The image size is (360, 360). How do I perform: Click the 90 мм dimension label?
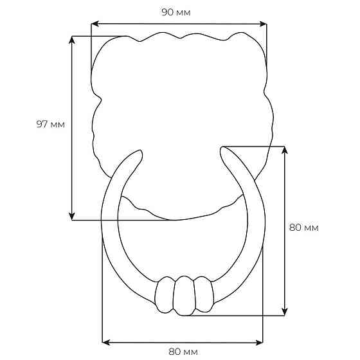point(176,12)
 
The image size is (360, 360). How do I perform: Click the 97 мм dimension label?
point(51,124)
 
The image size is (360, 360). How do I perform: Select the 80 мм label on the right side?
point(303,228)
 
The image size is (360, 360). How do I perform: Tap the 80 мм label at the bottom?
point(183,352)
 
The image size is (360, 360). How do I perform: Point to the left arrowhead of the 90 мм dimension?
point(95,24)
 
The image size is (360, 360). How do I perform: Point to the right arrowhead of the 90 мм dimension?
point(263,24)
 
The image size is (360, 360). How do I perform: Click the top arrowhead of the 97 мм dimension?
point(72,40)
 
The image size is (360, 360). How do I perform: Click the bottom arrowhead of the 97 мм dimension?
point(72,216)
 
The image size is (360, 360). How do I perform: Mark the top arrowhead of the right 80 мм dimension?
point(285,150)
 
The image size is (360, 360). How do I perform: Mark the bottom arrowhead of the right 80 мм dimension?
point(285,312)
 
